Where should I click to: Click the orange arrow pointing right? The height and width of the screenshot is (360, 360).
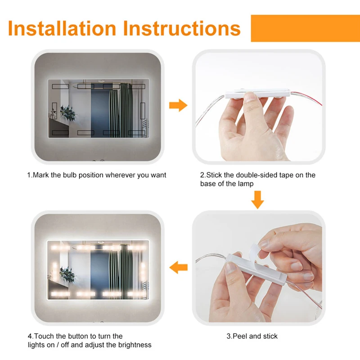tap(178, 105)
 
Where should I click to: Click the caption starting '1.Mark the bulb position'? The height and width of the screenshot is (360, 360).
tap(97, 175)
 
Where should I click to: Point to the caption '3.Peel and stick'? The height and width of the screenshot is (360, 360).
tap(252, 336)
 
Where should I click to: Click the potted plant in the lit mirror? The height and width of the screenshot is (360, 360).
tap(68, 274)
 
